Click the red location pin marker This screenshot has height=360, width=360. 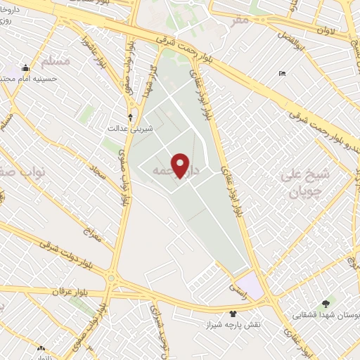point(181,165)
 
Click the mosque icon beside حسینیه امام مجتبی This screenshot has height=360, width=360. point(26,68)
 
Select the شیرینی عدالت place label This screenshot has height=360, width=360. point(126,129)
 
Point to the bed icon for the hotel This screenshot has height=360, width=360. point(282,74)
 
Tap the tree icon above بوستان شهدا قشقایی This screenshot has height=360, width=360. point(325,303)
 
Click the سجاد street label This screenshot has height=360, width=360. point(96,172)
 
